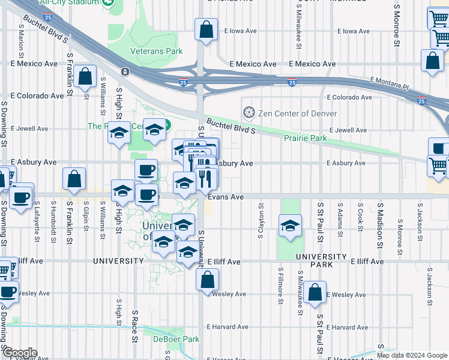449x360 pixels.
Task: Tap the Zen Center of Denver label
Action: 297,113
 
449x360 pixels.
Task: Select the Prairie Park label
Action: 307,139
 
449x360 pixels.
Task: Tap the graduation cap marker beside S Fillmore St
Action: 290,226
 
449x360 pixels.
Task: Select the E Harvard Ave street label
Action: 228,328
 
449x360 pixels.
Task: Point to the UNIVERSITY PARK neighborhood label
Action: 322,257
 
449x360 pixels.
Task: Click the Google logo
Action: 19,353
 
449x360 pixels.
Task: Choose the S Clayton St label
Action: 261,220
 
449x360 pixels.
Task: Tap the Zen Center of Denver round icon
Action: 249,113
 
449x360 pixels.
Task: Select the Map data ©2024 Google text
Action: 412,355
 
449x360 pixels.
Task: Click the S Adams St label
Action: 340,217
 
